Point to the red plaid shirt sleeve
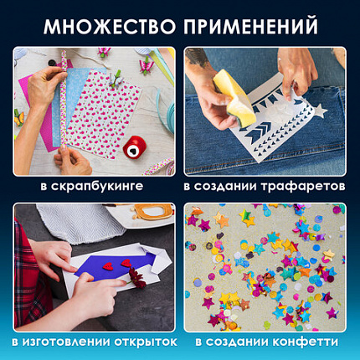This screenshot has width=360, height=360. tap(27, 276)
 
